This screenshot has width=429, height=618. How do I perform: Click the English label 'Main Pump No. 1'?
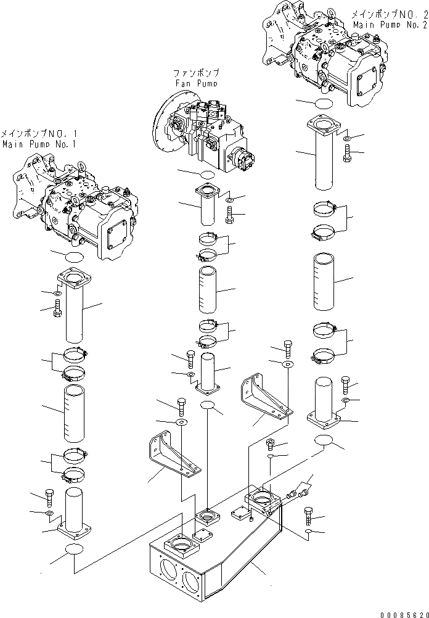38,144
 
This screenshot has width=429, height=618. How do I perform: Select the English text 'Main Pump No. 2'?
390,24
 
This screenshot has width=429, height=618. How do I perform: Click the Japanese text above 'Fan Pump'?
196,73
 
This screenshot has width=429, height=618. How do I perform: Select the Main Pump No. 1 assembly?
74,204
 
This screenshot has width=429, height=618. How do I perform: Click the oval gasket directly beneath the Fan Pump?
203,175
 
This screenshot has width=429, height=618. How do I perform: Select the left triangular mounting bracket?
173,453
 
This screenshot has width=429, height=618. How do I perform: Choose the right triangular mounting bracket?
265,398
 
